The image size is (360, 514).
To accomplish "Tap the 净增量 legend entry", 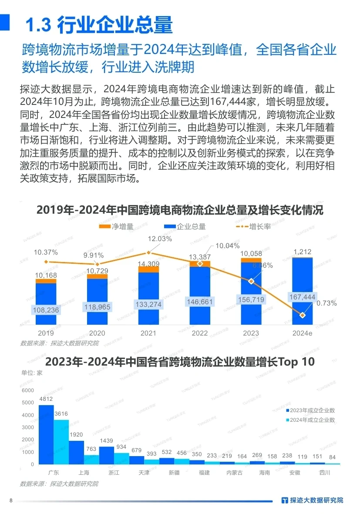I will point(117,227).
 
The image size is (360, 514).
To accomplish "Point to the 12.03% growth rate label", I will point(160,239).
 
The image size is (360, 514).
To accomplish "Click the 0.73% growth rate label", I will point(326,303).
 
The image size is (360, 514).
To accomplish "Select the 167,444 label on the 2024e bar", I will point(302,297).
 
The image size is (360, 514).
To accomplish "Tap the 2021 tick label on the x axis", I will point(148,333).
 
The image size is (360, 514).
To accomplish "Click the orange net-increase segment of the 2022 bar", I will point(200,264).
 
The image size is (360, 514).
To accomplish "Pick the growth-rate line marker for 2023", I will point(251,281).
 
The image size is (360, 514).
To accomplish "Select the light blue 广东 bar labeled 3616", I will point(61,442).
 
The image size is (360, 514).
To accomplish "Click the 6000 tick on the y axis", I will point(27,390).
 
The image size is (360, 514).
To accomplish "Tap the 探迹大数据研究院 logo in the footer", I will point(312,500).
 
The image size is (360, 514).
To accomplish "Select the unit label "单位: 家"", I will point(32,373).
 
